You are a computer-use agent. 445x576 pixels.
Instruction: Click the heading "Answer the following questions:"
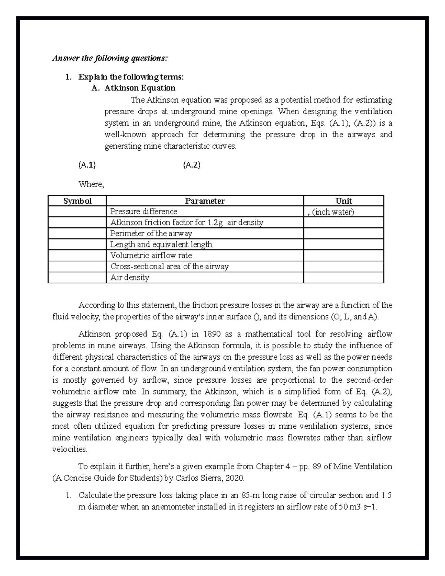[x=110, y=58]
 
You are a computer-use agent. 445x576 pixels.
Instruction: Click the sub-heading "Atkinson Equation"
[x=140, y=88]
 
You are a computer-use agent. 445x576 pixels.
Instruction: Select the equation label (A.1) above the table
[x=87, y=165]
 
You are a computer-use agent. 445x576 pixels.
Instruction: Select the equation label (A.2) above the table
[x=192, y=165]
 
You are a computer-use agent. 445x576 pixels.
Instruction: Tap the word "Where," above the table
[x=91, y=184]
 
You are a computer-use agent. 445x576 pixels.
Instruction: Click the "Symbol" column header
[x=77, y=201]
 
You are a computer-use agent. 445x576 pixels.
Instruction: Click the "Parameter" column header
[x=205, y=201]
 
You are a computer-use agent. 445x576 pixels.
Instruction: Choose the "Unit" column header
[x=343, y=201]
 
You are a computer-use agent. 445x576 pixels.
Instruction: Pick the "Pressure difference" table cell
[x=144, y=212]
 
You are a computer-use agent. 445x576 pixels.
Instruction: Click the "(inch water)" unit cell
[x=333, y=212]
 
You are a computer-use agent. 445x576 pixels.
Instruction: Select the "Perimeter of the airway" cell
[x=151, y=234]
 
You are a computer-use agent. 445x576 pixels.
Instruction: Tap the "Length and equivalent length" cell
[x=161, y=244]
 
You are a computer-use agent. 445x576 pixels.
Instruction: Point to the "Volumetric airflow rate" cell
[x=151, y=256]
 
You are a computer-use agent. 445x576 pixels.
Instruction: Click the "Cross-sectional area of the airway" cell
[x=169, y=267]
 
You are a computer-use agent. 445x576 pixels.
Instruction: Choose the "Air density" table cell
[x=130, y=277]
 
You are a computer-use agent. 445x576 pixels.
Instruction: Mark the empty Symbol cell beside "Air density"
[x=77, y=277]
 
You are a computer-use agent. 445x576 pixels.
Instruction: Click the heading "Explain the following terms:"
[x=131, y=77]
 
